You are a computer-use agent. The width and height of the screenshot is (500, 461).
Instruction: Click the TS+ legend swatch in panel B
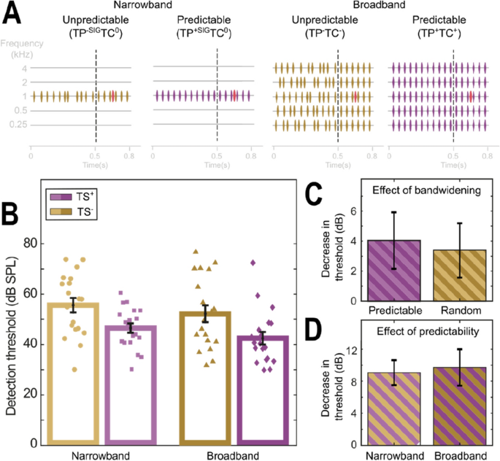[61, 197]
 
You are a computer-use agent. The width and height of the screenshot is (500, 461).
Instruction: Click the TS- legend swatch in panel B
[61, 211]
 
